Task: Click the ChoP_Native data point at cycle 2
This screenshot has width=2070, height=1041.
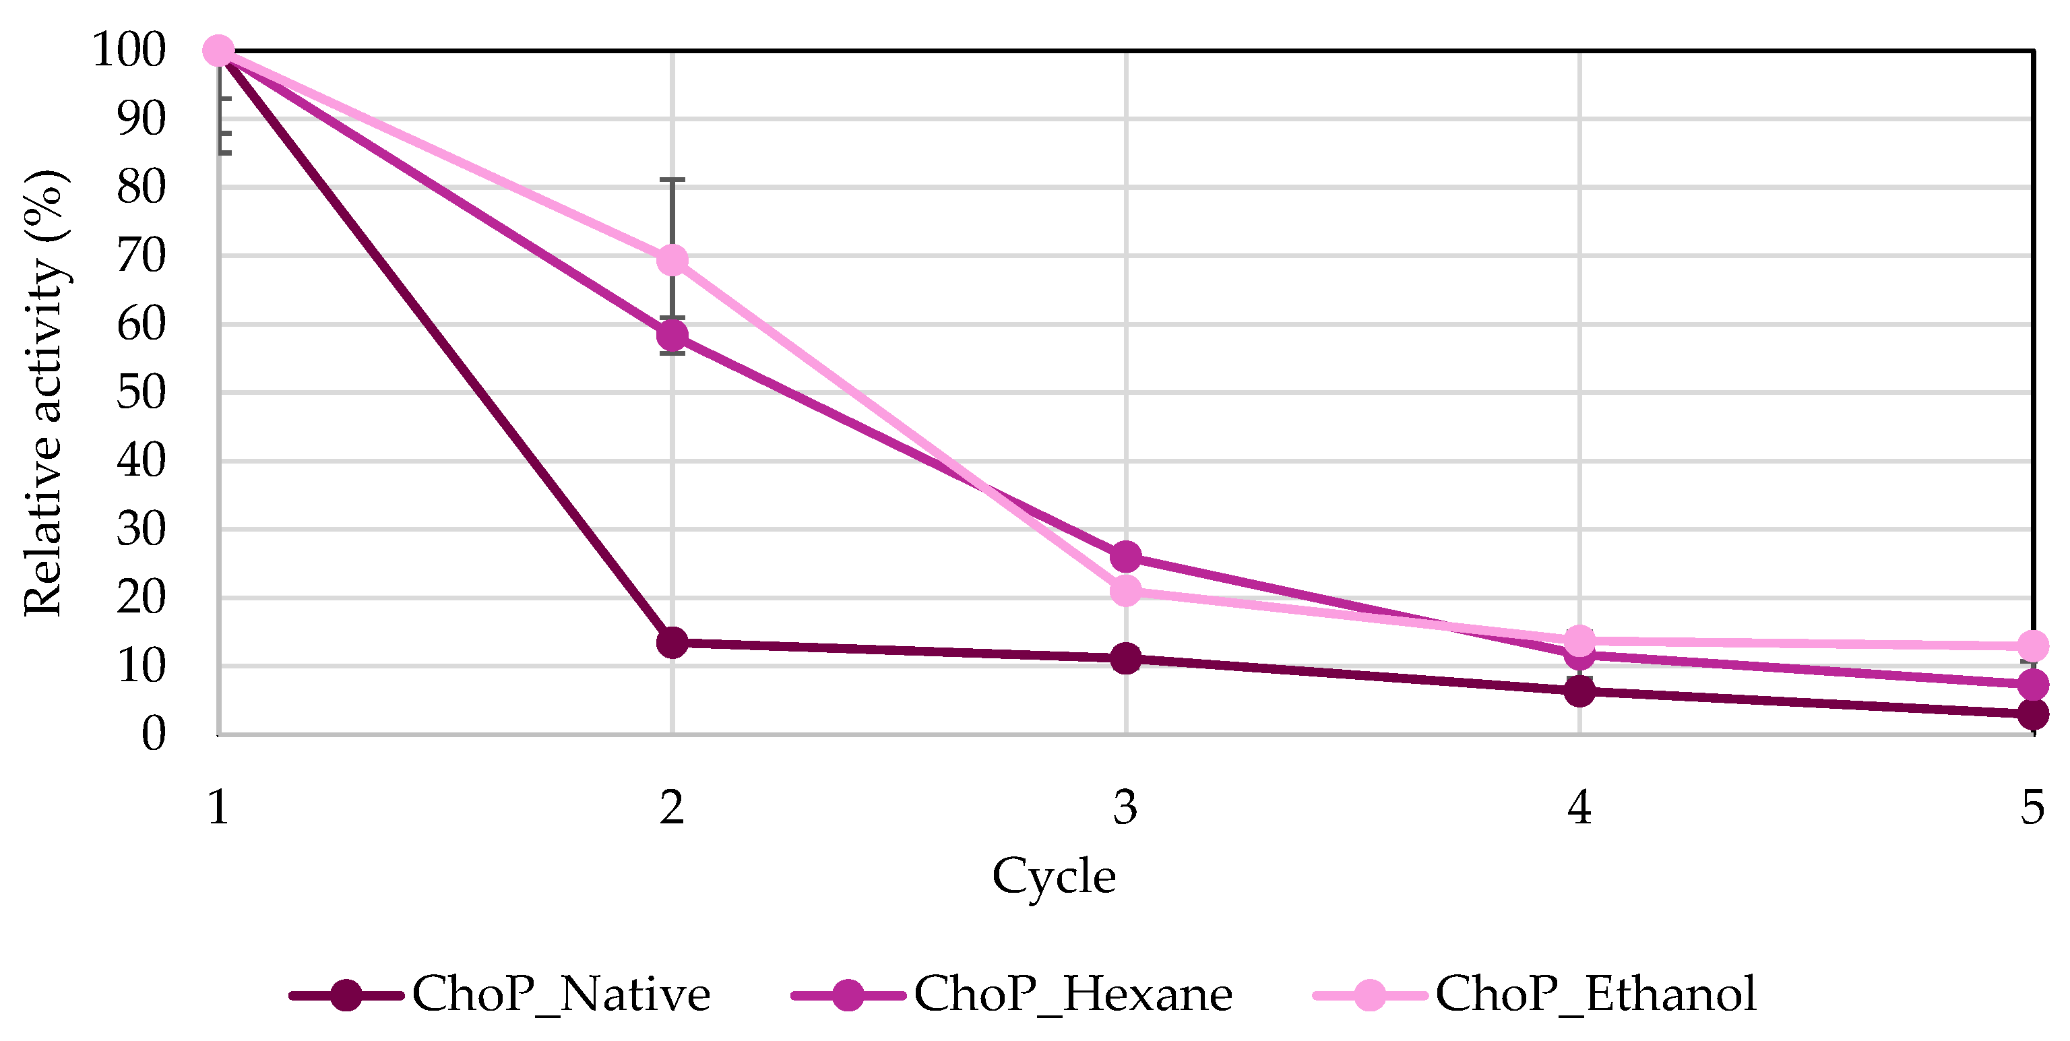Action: pyautogui.click(x=672, y=643)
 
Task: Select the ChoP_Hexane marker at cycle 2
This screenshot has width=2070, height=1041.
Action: pyautogui.click(x=672, y=335)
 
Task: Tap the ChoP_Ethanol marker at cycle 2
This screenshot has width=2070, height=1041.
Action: pyautogui.click(x=672, y=260)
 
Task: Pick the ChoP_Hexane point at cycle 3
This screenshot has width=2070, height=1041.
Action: pyautogui.click(x=1126, y=556)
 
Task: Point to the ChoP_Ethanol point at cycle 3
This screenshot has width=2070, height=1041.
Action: pyautogui.click(x=1126, y=591)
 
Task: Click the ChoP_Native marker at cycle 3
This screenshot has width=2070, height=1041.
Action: pyautogui.click(x=1126, y=659)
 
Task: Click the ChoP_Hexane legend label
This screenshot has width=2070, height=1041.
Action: pyautogui.click(x=1073, y=995)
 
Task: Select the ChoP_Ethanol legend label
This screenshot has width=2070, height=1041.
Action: pyautogui.click(x=1595, y=995)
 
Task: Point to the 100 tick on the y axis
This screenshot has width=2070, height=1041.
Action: pyautogui.click(x=129, y=50)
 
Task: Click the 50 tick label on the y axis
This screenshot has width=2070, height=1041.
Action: pyautogui.click(x=142, y=393)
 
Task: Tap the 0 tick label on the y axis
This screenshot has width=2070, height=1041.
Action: pyautogui.click(x=154, y=734)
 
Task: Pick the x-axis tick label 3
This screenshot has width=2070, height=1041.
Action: pyautogui.click(x=1126, y=807)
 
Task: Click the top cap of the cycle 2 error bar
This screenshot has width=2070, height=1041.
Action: pyautogui.click(x=672, y=180)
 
